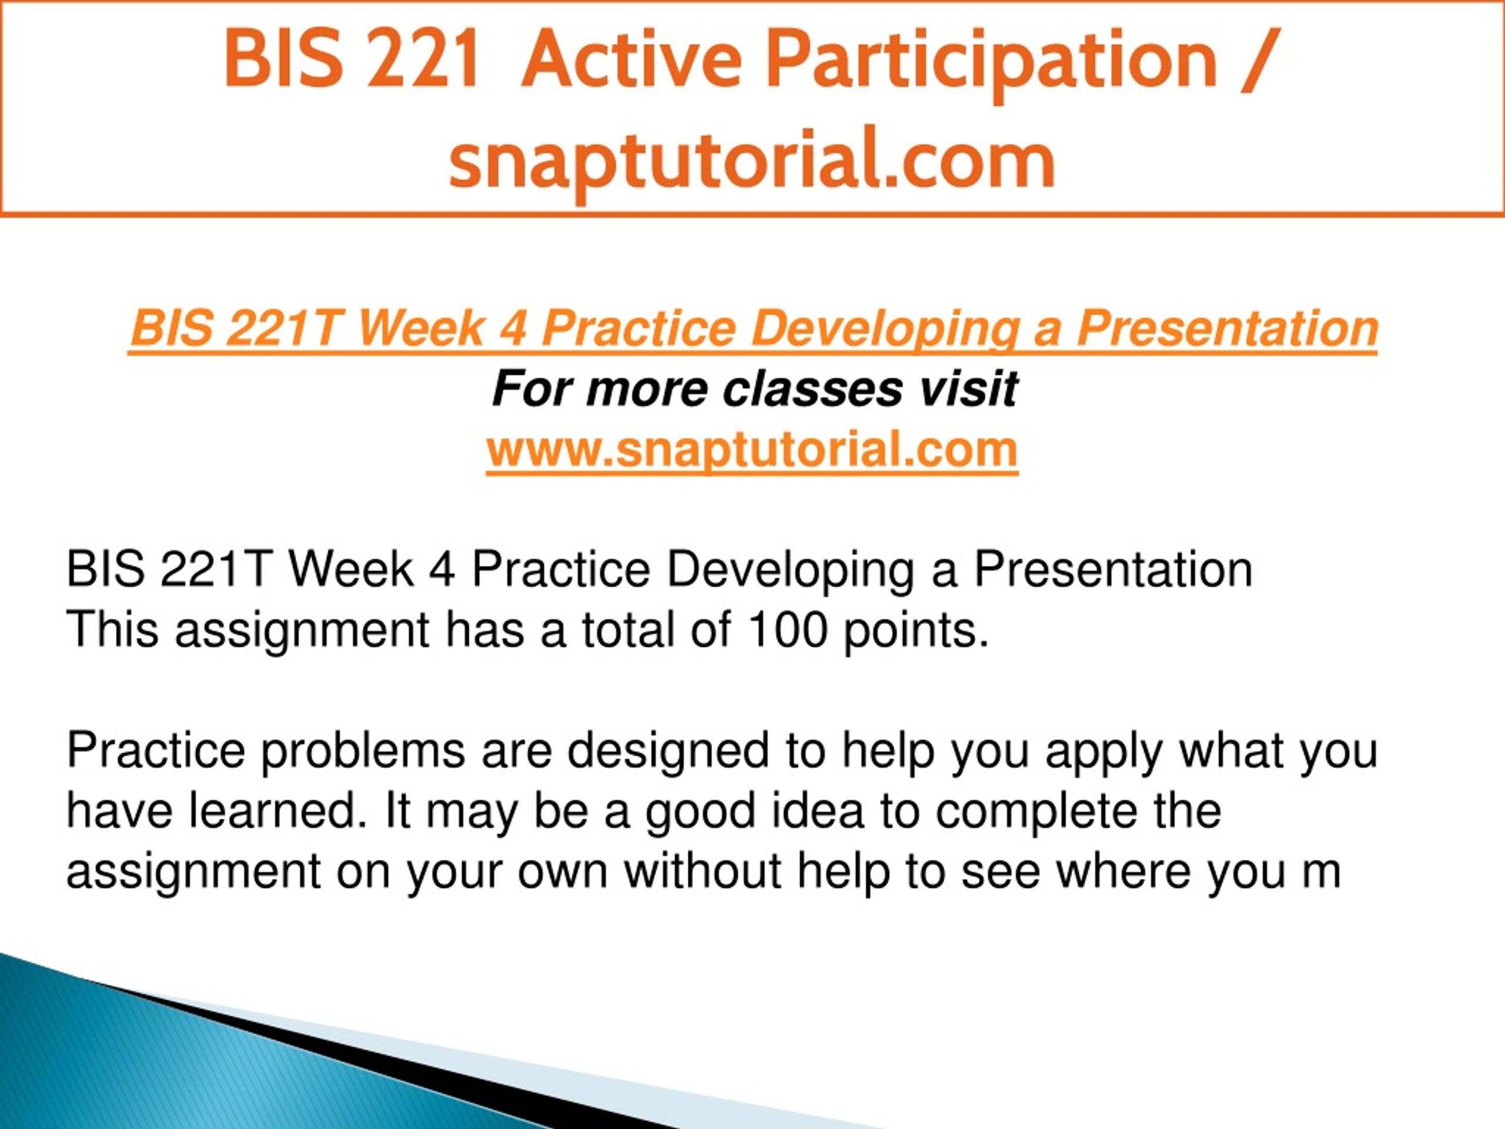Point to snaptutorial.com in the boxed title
752,162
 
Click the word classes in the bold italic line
812,389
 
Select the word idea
817,811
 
